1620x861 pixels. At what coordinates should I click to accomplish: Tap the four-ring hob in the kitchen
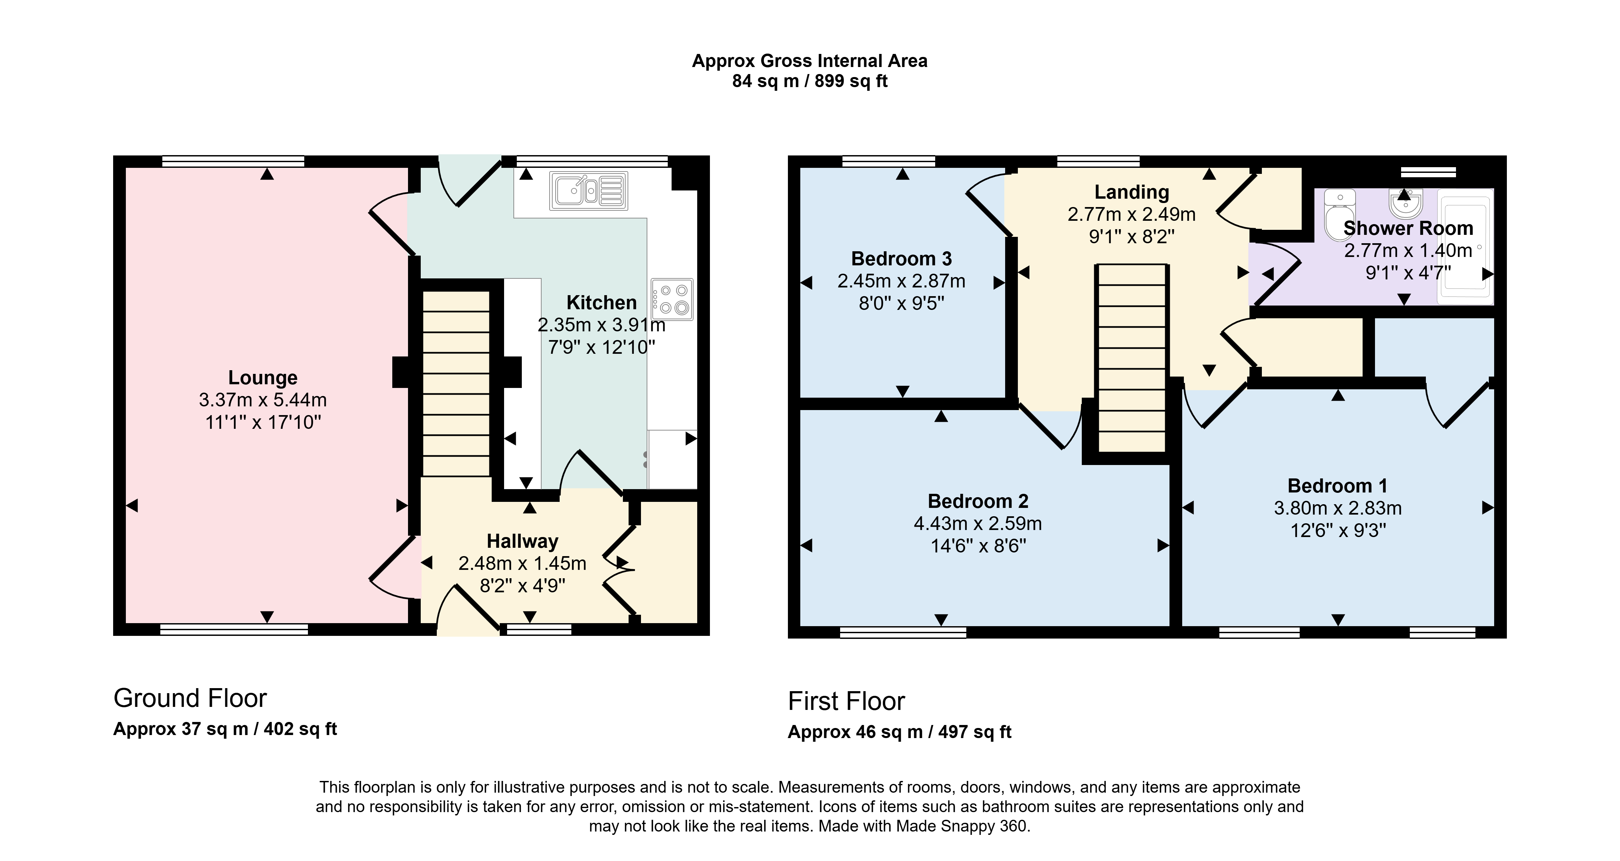pos(672,299)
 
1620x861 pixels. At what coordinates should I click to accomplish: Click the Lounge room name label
pos(263,378)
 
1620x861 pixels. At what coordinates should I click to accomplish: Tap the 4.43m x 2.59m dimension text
pos(978,524)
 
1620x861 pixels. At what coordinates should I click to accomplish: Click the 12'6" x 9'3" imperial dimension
pos(1338,531)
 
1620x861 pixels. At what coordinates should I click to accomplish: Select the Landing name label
pos(1131,192)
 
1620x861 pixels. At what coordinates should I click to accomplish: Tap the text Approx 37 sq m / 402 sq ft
pos(225,729)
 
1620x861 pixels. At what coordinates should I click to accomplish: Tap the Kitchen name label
pos(601,303)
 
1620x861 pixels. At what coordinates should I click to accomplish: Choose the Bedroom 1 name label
pos(1337,486)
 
